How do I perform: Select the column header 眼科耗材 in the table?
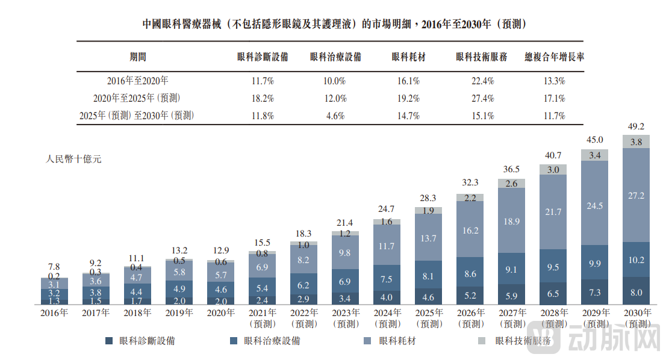tap(409, 57)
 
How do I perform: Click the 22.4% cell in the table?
tap(483, 81)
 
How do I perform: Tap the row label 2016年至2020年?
tap(137, 81)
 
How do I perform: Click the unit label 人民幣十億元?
tap(74, 160)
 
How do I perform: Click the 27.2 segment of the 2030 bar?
tap(635, 196)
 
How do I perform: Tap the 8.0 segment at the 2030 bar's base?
tap(635, 292)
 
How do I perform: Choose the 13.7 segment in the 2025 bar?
tap(428, 238)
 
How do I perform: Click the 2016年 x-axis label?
tap(54, 313)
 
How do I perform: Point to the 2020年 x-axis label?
tap(220, 313)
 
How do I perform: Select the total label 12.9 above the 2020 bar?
tap(220, 250)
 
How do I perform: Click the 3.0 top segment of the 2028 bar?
tap(553, 170)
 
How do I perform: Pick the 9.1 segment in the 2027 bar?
tap(511, 270)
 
